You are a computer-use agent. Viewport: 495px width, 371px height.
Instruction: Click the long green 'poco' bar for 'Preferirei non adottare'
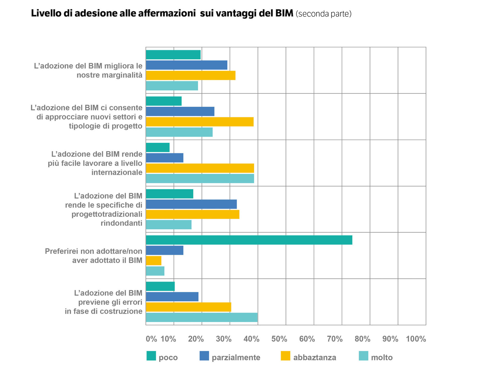click(249, 240)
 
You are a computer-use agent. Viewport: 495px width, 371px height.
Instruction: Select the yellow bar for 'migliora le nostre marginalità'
click(191, 75)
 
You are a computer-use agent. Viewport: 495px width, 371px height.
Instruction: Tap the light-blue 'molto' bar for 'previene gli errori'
click(201, 317)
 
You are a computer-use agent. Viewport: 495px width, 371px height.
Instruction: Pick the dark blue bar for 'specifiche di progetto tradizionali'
click(191, 204)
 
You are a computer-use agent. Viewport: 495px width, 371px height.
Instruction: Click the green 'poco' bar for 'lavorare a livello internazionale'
click(158, 148)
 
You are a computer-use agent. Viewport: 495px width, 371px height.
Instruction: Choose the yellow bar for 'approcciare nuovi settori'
click(200, 122)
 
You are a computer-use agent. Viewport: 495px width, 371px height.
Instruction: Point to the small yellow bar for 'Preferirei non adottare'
click(154, 261)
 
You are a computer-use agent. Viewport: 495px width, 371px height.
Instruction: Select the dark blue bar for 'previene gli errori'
click(172, 297)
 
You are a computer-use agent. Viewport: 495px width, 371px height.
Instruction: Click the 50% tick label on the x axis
click(279, 339)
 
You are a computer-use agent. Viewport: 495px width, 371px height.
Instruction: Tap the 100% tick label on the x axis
click(416, 339)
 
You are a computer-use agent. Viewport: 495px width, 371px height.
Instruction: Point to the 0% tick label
click(151, 339)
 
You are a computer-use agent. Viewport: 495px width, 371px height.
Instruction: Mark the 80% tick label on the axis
click(362, 339)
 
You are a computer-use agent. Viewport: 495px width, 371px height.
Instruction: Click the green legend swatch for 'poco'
click(151, 356)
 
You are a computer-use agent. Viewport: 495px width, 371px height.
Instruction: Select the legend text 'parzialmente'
click(236, 358)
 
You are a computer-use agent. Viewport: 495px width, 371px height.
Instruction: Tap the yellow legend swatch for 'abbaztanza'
click(286, 356)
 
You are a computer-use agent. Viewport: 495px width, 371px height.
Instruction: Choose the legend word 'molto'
click(382, 358)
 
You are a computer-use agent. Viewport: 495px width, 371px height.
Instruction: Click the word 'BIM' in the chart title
click(284, 13)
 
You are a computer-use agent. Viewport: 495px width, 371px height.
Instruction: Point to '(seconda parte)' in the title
click(324, 14)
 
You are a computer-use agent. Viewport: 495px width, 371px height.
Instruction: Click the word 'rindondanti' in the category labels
click(121, 223)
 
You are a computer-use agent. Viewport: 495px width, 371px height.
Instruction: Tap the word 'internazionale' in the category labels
click(117, 172)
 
